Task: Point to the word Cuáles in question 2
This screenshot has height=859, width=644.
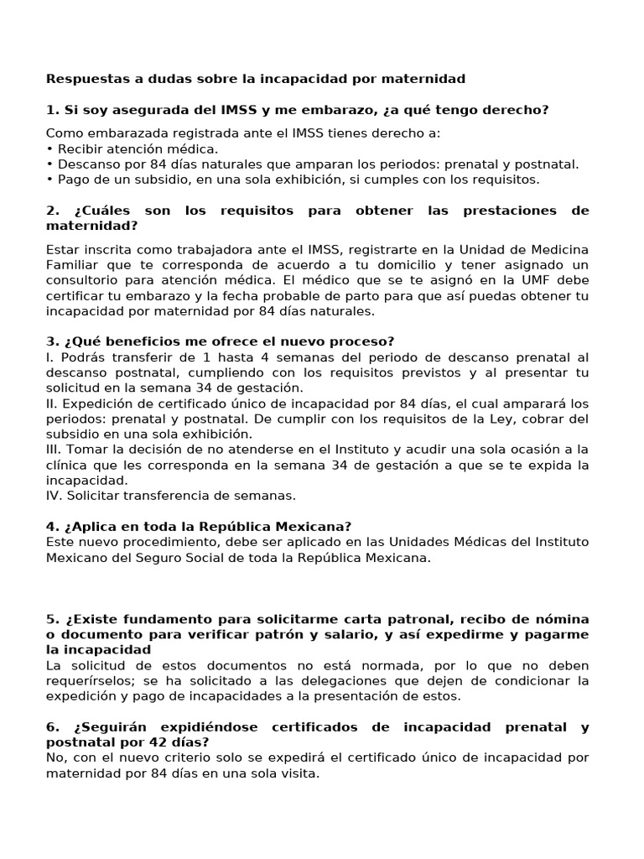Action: point(93,210)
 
